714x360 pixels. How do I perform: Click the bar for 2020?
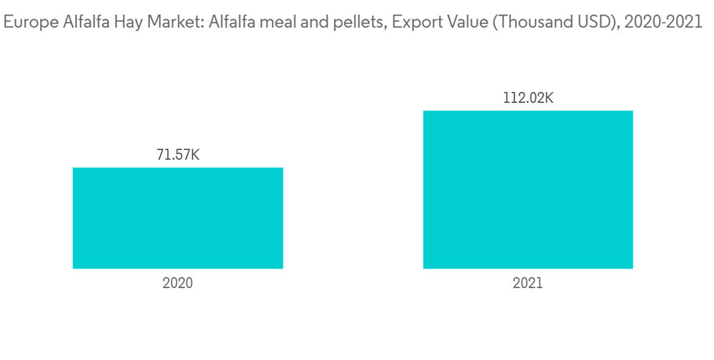(178, 218)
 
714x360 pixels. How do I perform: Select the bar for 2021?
(528, 189)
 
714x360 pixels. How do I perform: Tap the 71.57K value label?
(178, 154)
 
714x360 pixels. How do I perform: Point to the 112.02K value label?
(528, 97)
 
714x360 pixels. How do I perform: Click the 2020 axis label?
(178, 283)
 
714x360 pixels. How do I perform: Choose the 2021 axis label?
(528, 283)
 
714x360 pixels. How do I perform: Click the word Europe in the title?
(26, 23)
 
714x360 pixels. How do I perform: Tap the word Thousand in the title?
(530, 23)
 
